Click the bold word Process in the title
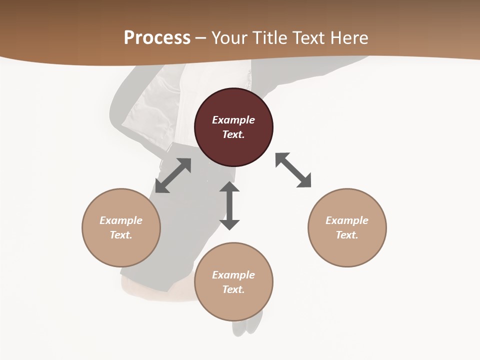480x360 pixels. (x=157, y=38)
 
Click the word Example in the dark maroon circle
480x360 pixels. (x=233, y=120)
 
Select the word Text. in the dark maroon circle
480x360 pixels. (x=233, y=134)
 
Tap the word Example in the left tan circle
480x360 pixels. (x=121, y=220)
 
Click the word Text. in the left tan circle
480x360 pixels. (x=121, y=235)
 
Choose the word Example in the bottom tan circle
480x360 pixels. (x=233, y=275)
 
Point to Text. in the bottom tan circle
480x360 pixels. (x=233, y=289)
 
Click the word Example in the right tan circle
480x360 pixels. (x=347, y=220)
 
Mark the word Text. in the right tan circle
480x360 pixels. (x=347, y=235)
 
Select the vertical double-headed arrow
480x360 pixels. (x=229, y=205)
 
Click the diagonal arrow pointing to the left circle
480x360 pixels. (x=173, y=175)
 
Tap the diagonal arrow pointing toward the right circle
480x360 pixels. (x=293, y=170)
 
